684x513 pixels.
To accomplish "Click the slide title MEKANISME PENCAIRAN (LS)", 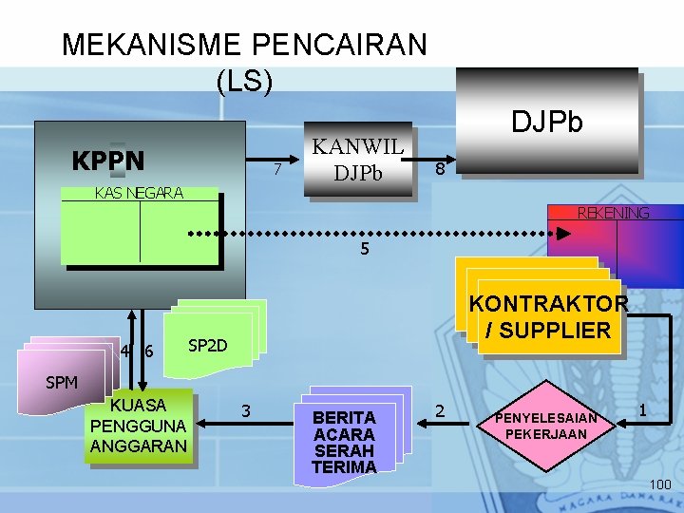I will [x=244, y=62].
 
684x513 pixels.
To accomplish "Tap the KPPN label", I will [x=108, y=160].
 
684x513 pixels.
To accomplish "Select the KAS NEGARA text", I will [x=139, y=193].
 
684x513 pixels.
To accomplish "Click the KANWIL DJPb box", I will [x=358, y=160].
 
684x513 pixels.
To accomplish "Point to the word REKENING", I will [x=613, y=214].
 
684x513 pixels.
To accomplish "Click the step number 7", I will [x=276, y=171].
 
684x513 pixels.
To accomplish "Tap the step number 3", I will [x=246, y=411].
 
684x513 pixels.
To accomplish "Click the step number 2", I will [x=440, y=411].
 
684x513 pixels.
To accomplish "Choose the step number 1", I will [x=643, y=410].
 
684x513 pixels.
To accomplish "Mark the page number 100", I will [x=659, y=485].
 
